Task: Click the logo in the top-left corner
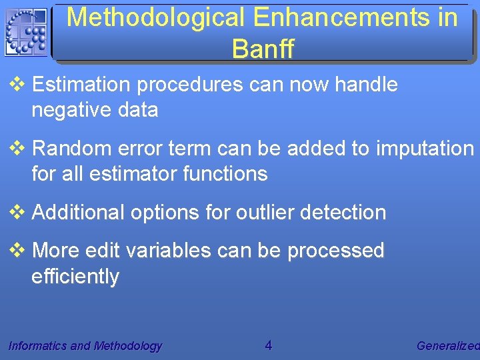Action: click(26, 32)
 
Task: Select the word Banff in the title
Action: click(263, 48)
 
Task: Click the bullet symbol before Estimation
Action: click(17, 85)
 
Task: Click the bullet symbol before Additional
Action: click(17, 213)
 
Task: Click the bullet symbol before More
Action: click(17, 251)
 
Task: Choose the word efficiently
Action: click(75, 276)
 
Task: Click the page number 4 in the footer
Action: click(268, 345)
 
